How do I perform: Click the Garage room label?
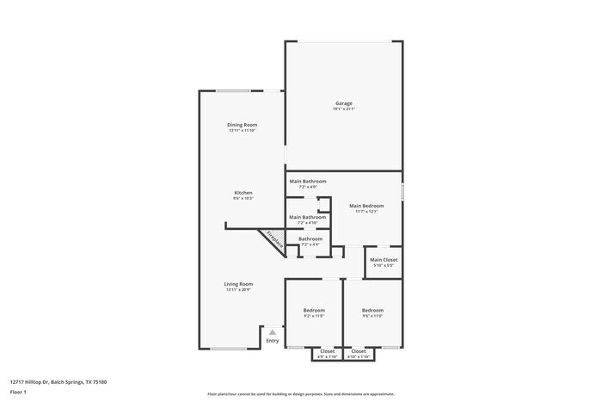(343, 103)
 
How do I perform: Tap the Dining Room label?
(242, 125)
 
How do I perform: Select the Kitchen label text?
(243, 192)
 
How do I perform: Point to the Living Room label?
(238, 283)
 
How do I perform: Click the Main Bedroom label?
(366, 206)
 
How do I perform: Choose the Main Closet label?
(383, 260)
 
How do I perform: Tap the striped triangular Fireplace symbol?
(273, 238)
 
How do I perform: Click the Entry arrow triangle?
(273, 331)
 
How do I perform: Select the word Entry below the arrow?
(273, 341)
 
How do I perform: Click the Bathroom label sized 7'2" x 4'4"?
(310, 238)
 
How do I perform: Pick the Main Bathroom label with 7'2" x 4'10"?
(307, 217)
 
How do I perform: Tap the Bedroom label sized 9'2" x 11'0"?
(314, 310)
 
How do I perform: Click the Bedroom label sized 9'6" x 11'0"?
(372, 310)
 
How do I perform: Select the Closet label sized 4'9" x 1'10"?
(328, 350)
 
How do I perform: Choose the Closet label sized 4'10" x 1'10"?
(359, 350)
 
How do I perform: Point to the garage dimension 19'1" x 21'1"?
(343, 108)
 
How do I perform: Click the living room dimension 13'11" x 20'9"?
(238, 289)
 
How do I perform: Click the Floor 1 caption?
(18, 392)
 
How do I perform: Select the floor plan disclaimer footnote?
(300, 393)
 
